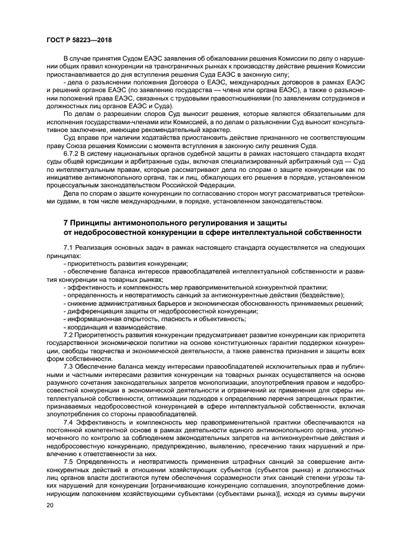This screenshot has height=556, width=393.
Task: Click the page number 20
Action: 49,504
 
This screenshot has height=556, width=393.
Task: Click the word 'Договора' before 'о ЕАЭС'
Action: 165,81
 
